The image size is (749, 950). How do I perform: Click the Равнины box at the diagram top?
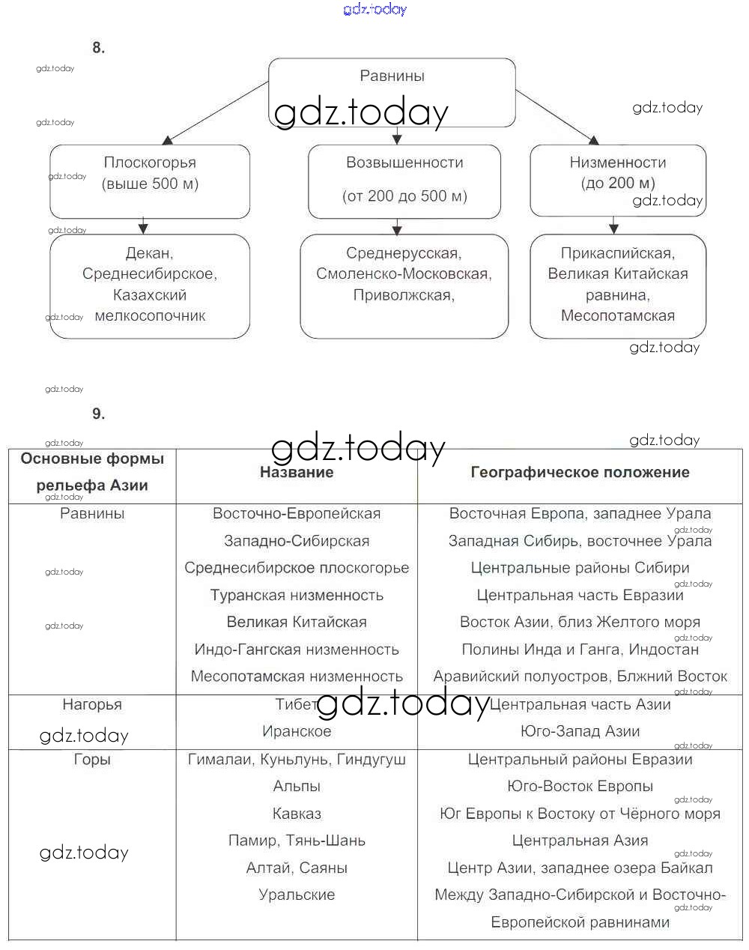coord(392,76)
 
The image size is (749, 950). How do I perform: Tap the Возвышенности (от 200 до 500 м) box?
coord(404,180)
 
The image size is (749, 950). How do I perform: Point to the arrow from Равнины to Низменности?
coord(557,117)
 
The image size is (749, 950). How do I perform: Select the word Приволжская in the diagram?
coord(403,295)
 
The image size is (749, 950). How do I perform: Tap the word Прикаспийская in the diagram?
coord(617,253)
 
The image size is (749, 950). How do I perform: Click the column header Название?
coord(297,472)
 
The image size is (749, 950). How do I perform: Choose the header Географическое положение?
coord(580,472)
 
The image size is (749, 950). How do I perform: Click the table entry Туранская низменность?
coord(297,596)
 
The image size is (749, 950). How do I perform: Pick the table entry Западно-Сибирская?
coord(297,541)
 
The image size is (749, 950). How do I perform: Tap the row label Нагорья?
coord(92,704)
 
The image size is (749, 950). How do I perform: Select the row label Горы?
coord(92,759)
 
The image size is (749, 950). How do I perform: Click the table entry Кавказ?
coord(297,814)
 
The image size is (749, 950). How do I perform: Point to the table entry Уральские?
coord(297,895)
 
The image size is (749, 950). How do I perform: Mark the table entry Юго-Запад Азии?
coord(580,731)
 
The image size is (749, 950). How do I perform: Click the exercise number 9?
coord(98,414)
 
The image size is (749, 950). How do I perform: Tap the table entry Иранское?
coord(297,731)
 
